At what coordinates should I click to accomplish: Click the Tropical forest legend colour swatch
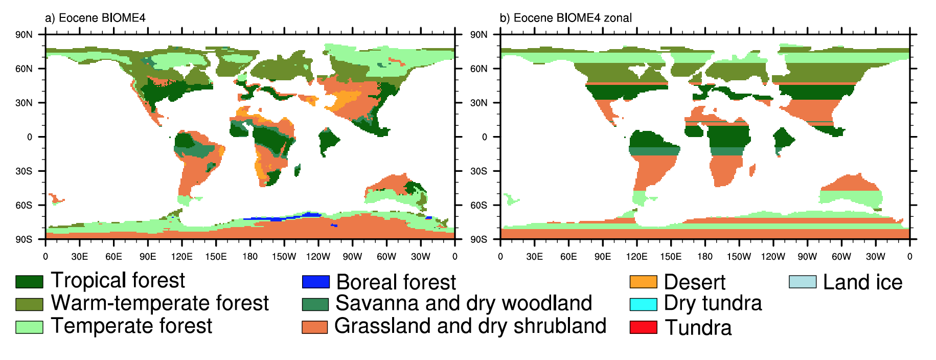tap(29, 281)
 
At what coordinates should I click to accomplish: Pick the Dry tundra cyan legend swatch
tap(643, 304)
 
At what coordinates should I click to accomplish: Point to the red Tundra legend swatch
tap(643, 327)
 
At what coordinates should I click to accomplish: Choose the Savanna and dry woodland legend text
tap(464, 303)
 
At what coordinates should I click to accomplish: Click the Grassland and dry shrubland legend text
tap(470, 326)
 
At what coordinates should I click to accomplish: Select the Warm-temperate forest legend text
tap(160, 303)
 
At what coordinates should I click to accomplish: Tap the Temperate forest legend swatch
tap(29, 327)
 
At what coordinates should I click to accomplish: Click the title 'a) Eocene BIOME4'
tap(95, 18)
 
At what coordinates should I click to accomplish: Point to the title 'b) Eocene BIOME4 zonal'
tap(566, 18)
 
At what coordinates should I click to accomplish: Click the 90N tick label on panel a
tap(24, 35)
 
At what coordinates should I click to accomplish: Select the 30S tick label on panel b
tap(478, 171)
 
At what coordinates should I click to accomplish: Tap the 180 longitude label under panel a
tap(250, 256)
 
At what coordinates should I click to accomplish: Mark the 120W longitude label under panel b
tap(773, 256)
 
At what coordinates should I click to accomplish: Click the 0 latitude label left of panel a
tap(30, 137)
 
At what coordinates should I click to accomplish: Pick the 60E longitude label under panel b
tap(568, 256)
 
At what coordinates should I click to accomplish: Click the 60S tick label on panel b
tap(478, 205)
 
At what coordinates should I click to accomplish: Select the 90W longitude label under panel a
tap(352, 256)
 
